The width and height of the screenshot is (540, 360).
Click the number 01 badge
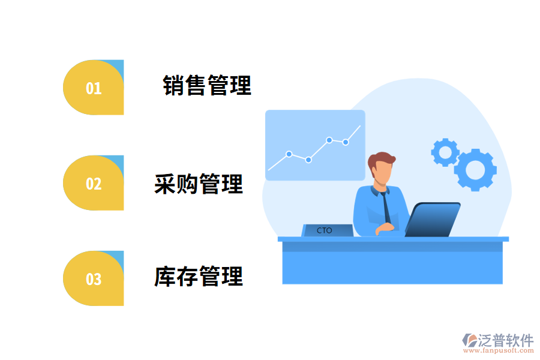[x=94, y=88]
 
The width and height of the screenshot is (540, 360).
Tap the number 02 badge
[x=94, y=183]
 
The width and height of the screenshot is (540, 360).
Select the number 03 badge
[x=94, y=278]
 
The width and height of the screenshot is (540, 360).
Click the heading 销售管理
[x=207, y=85]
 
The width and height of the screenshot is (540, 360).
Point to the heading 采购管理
[x=199, y=184]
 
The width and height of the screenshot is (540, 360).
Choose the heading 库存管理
[x=199, y=277]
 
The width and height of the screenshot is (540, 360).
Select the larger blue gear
[x=475, y=170]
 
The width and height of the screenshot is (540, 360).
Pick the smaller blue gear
[x=445, y=152]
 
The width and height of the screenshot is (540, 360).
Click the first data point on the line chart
[x=289, y=154]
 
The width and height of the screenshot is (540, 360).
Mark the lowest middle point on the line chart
[x=308, y=160]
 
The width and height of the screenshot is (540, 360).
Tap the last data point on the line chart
[x=346, y=142]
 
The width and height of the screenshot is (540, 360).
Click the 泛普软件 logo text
[x=505, y=340]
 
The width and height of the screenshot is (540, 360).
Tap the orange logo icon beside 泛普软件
[x=469, y=340]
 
